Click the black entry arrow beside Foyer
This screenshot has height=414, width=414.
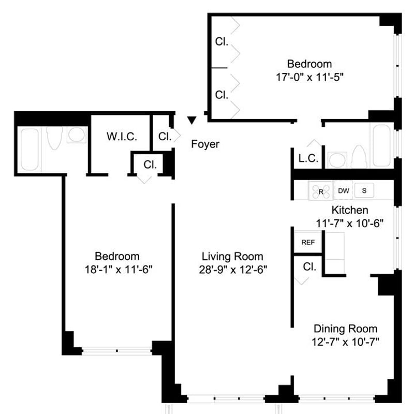coord(192,121)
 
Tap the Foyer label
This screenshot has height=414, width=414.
coord(205,144)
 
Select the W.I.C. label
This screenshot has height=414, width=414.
coord(122,137)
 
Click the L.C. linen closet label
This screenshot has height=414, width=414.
coord(308,159)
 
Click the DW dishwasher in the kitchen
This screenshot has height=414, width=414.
coord(343,190)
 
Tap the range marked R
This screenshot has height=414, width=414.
coord(320,191)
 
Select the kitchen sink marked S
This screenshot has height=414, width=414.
coord(364,190)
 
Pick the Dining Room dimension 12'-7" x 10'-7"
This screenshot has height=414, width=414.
coord(345,342)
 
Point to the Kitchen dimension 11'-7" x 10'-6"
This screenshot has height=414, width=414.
coord(350,223)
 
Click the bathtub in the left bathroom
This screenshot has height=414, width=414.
coord(29,150)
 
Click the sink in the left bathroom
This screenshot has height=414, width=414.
coord(77,136)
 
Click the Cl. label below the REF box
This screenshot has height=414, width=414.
coord(309,267)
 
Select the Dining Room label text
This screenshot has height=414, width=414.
coord(345,329)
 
